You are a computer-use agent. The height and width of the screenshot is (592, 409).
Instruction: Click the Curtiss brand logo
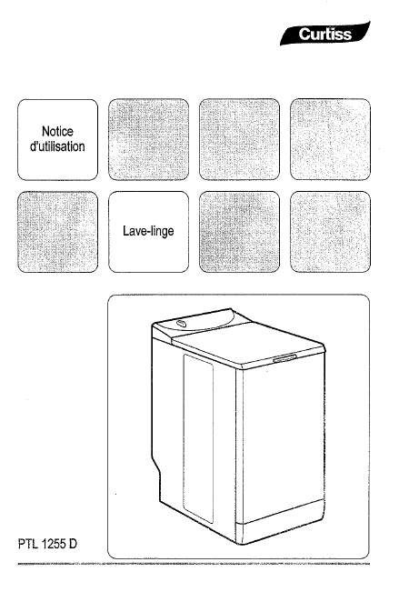(x=324, y=34)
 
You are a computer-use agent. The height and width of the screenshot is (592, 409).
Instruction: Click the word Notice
(x=57, y=131)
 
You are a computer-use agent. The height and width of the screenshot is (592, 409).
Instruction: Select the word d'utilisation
(x=57, y=146)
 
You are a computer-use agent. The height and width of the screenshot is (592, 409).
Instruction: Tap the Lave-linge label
(x=148, y=231)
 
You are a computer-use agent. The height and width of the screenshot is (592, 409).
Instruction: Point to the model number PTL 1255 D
(x=47, y=544)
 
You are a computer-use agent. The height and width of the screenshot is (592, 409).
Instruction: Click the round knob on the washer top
(x=180, y=323)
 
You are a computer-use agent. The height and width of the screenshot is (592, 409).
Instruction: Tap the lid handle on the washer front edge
(x=284, y=358)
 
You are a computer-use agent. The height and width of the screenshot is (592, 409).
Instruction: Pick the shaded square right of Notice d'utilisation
(x=149, y=139)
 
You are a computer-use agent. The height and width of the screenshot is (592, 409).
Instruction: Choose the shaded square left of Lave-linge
(x=58, y=232)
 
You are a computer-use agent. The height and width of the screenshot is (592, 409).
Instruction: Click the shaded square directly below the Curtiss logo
(x=330, y=139)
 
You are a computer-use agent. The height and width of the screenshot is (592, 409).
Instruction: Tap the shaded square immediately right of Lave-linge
(x=239, y=232)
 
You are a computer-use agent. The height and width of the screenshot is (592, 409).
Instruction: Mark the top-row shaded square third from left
(x=239, y=139)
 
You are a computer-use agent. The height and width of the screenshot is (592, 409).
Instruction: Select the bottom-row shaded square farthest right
(x=330, y=232)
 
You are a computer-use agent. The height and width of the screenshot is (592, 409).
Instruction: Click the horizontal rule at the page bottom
(x=194, y=564)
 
